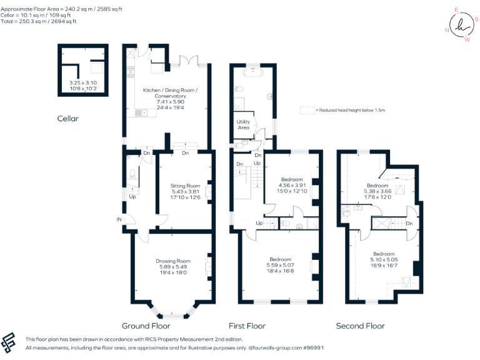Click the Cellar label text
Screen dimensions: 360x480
(67, 119)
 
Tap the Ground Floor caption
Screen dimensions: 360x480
(145, 326)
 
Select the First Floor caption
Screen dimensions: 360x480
(247, 326)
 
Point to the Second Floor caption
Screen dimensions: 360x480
(360, 326)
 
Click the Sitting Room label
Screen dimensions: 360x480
(185, 186)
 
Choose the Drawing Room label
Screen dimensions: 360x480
(173, 261)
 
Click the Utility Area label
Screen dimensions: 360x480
(243, 124)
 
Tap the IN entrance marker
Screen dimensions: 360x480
(119, 219)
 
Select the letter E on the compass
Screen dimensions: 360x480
(456, 10)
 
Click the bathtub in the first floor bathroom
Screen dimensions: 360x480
(254, 72)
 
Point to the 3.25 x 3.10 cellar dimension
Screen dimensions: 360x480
(82, 82)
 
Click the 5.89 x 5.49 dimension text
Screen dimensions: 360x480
(173, 267)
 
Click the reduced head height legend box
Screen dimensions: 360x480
(307, 109)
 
